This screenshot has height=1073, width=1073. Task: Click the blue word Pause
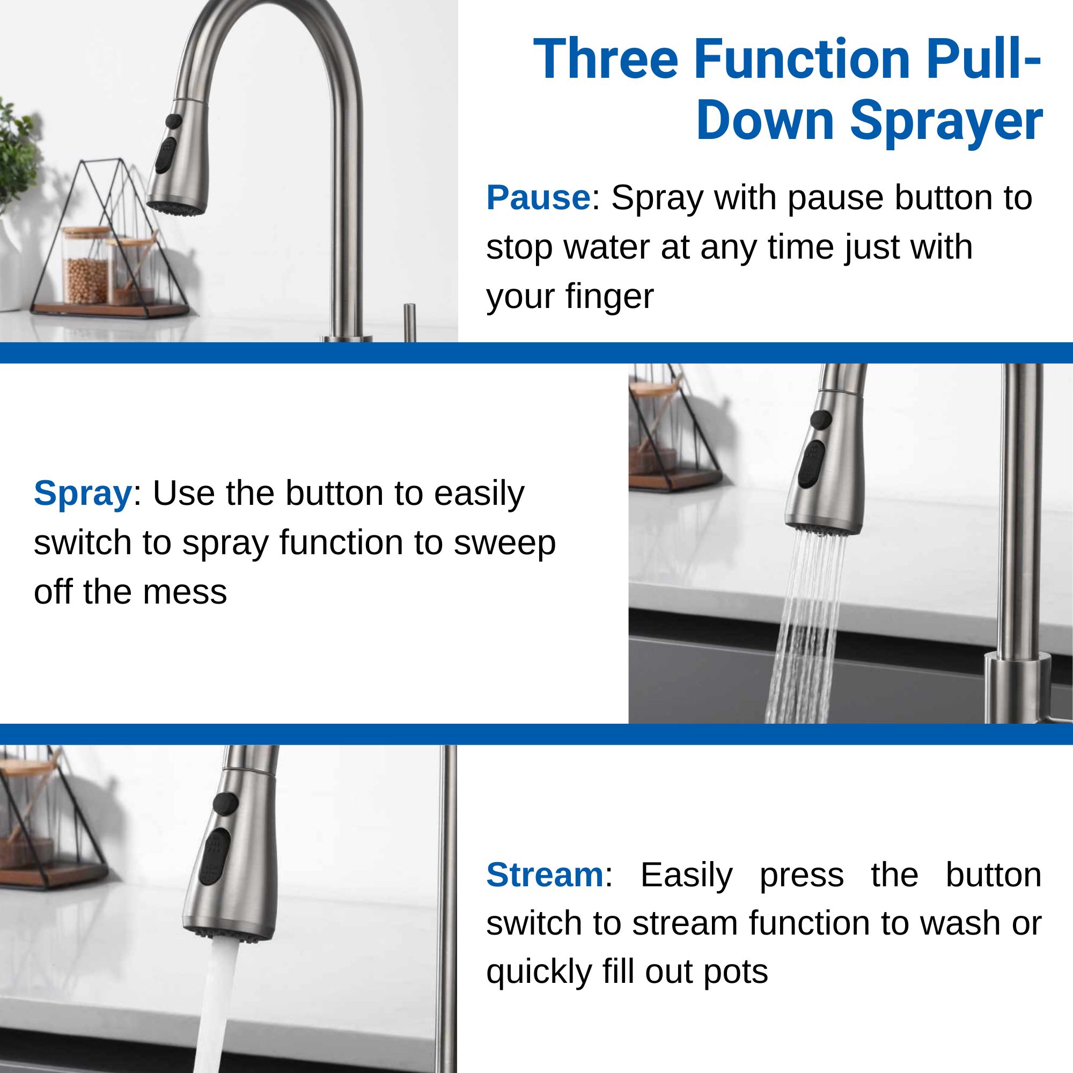[538, 198]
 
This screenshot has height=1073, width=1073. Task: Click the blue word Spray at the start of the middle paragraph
[82, 494]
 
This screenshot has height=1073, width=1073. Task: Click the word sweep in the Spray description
[504, 543]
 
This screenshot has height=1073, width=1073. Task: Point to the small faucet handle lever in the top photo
[409, 322]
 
